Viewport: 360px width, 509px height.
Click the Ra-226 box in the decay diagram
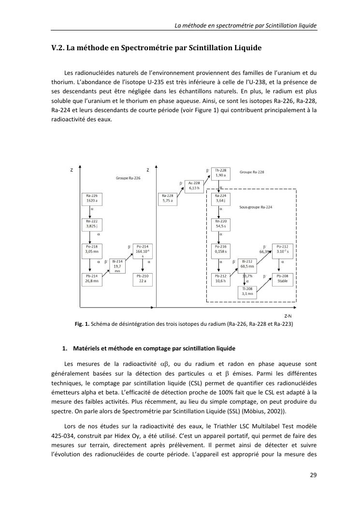pyautogui.click(x=91, y=199)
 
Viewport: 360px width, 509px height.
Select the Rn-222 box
pyautogui.click(x=91, y=223)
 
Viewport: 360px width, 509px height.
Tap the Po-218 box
pyautogui.click(x=91, y=249)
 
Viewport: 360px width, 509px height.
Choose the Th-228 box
pyautogui.click(x=220, y=173)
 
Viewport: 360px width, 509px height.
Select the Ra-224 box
pyautogui.click(x=220, y=199)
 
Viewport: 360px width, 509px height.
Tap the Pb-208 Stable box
pyautogui.click(x=283, y=278)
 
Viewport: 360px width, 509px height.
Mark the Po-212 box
pyautogui.click(x=283, y=249)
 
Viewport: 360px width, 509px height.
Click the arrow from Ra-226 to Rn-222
pyautogui.click(x=91, y=211)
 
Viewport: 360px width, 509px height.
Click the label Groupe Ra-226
pyautogui.click(x=128, y=178)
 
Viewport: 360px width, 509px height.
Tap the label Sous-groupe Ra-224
pyautogui.click(x=256, y=206)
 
